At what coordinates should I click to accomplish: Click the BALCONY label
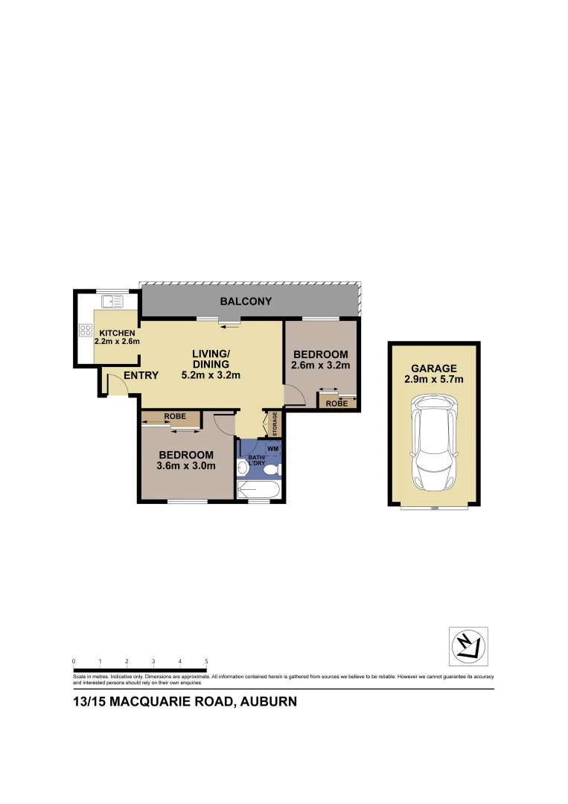246,301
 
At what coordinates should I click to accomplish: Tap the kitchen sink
113,301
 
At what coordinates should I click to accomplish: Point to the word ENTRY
141,376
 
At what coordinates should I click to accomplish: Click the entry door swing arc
112,383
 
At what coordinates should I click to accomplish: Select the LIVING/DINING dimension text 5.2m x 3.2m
211,375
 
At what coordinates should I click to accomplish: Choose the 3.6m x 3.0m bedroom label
186,461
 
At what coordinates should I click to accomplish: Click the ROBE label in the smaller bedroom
336,403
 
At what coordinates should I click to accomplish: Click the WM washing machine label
272,449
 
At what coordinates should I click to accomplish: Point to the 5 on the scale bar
206,661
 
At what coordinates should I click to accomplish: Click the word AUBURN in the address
267,701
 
